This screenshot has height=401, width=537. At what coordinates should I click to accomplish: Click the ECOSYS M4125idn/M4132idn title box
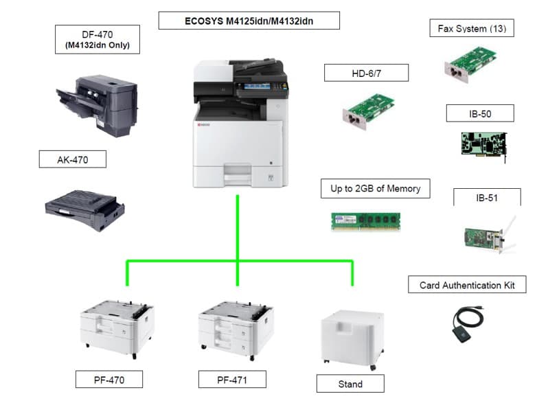[x=249, y=21]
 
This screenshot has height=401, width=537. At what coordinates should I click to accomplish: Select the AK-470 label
[x=72, y=160]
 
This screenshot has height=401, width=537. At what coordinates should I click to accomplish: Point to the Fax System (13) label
[x=471, y=29]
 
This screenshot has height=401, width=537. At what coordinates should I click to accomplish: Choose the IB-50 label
[x=479, y=113]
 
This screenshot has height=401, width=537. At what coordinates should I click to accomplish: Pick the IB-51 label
[x=486, y=198]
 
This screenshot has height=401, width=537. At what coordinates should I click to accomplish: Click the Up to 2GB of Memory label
[x=376, y=188]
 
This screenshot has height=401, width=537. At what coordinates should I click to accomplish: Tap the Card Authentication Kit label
[x=467, y=285]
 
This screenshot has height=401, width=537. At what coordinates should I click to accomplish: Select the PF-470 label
[x=109, y=379]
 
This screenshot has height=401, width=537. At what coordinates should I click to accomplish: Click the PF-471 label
[x=231, y=379]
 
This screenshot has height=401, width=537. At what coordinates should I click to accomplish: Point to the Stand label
[x=350, y=383]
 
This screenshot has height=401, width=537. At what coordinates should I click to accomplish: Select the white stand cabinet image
[x=350, y=336]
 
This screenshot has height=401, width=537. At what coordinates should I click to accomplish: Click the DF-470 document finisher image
[x=98, y=103]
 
